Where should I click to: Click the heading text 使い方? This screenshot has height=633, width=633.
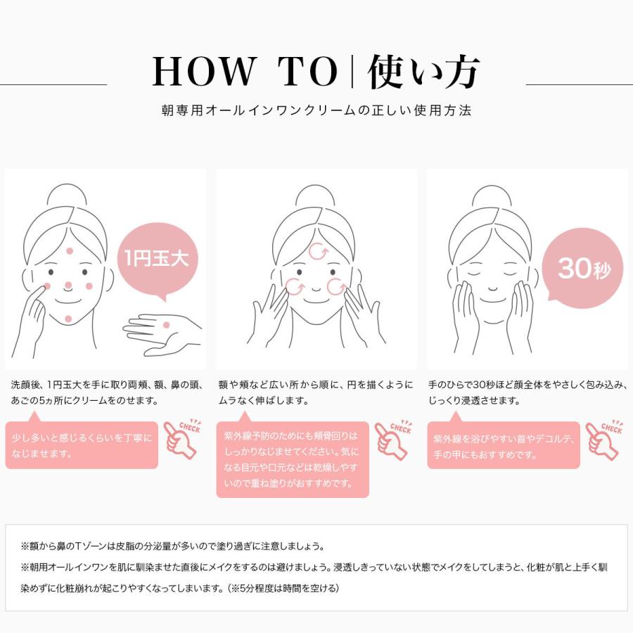point(424,72)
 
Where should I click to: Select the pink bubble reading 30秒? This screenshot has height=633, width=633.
point(582,268)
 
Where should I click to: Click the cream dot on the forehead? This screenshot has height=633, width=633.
point(69,251)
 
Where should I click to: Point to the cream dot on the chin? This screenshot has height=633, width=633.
point(68,319)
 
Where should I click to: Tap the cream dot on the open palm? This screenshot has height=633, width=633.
point(166,324)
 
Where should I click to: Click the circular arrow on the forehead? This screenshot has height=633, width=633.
point(317,252)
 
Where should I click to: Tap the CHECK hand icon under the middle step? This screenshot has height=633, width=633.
point(392,440)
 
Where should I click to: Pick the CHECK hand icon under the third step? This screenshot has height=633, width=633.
point(604,440)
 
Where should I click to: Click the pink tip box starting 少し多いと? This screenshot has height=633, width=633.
point(82,445)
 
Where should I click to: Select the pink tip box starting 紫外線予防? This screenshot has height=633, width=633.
point(292,459)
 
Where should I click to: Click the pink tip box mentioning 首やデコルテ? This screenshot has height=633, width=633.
point(504,445)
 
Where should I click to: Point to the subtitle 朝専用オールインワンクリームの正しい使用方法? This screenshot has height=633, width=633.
point(316,111)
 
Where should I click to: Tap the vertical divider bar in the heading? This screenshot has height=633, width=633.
point(351,72)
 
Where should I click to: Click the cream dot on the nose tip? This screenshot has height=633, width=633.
point(68,286)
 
